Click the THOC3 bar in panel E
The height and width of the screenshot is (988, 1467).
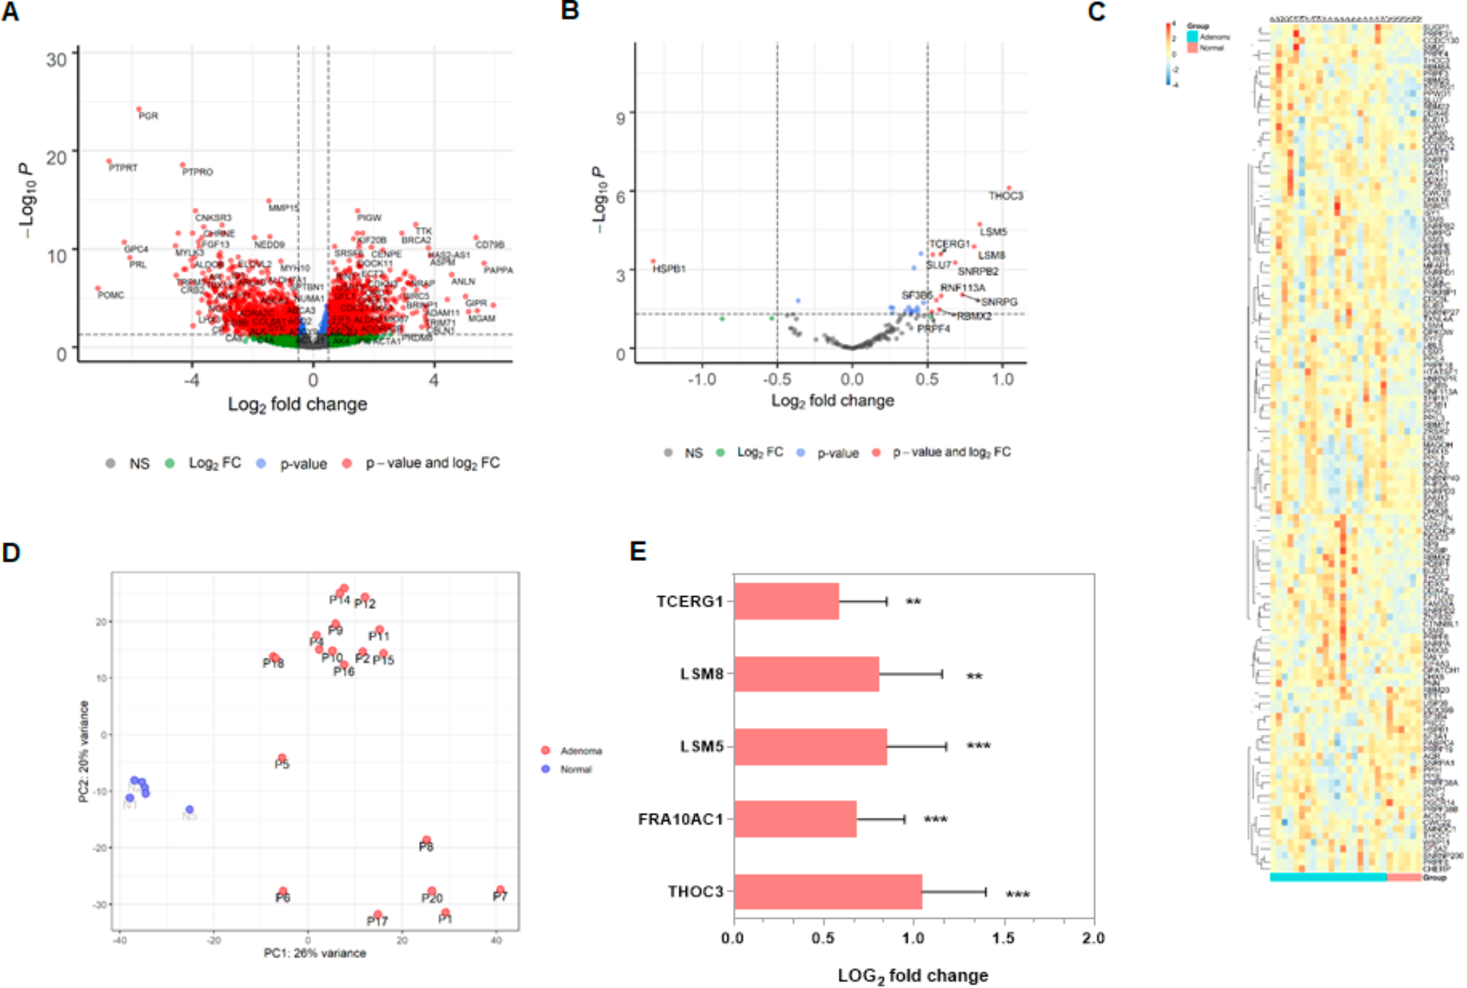pos(828,892)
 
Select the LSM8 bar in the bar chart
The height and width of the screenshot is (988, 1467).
pos(807,674)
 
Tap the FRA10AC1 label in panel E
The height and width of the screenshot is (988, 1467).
pos(680,820)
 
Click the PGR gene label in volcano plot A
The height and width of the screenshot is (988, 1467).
pos(148,116)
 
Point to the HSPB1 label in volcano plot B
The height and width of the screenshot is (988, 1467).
pos(669,269)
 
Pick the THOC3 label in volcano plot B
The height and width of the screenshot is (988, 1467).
pos(1005,196)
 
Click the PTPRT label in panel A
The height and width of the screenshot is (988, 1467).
pos(123,168)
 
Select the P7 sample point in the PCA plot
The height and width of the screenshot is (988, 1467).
pos(500,890)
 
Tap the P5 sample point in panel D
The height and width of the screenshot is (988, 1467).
pos(282,758)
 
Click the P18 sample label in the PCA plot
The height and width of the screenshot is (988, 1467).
pos(273,663)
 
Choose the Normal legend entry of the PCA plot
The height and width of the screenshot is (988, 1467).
pos(575,770)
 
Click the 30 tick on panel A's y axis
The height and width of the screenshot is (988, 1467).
pos(56,59)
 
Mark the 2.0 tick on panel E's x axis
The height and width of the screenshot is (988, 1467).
pos(1093,938)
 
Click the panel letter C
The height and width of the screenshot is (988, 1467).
pos(1097,12)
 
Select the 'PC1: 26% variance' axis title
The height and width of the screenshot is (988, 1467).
pos(315,953)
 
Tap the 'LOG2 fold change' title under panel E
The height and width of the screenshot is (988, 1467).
pos(913,976)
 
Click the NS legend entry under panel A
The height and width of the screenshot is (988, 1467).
pos(138,464)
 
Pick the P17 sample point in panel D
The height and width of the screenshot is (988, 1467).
pos(378,914)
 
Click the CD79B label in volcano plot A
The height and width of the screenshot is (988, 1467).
pos(490,245)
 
